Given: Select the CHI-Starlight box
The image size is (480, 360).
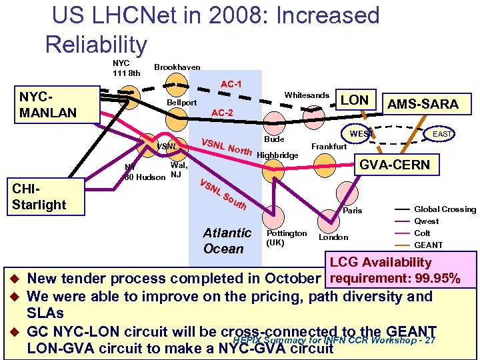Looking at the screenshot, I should tap(39, 196).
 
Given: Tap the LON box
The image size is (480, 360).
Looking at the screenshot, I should tap(355, 100).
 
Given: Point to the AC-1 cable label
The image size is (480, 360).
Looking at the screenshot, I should tap(231, 85).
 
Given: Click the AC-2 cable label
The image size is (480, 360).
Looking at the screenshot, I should tap(221, 113).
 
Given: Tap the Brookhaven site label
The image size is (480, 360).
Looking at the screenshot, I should tap(177, 67).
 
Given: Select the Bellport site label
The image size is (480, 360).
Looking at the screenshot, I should tap(182, 103).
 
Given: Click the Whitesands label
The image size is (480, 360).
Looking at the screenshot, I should tap(306, 95).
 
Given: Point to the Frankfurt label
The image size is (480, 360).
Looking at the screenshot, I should tap(329, 146).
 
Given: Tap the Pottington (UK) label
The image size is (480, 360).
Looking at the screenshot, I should tap(287, 237).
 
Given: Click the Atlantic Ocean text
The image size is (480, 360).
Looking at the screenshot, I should tap(227, 241).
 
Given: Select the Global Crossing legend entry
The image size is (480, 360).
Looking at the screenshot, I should tap(445, 209).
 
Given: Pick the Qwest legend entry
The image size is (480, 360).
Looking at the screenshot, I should tap(427, 221).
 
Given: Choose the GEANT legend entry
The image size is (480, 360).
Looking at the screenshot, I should tap(427, 245).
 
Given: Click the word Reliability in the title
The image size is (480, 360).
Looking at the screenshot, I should tap(96, 45).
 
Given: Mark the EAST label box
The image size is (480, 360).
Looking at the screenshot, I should tap(441, 135).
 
